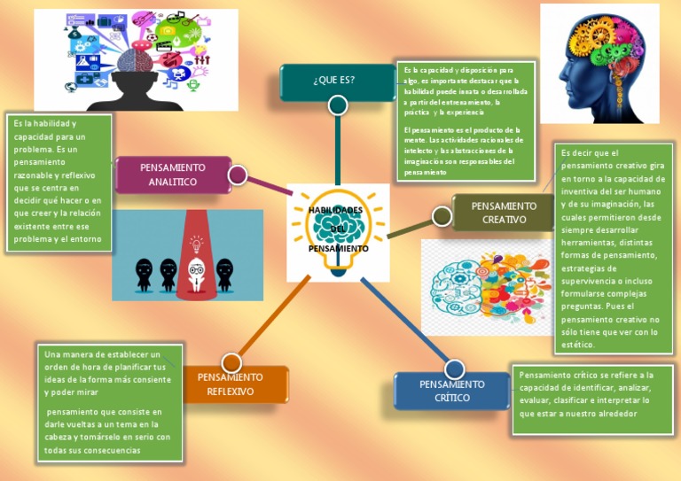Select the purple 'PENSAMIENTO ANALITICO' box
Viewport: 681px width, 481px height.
[173, 175]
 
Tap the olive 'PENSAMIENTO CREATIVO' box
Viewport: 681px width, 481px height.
[504, 213]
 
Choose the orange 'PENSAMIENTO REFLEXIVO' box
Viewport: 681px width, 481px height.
[231, 384]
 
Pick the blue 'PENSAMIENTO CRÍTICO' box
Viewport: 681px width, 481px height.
[452, 391]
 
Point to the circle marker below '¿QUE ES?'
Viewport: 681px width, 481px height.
[337, 105]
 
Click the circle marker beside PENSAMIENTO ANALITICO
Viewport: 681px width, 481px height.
[237, 175]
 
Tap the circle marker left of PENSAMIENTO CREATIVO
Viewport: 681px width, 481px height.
[442, 215]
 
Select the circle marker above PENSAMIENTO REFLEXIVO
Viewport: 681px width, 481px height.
[231, 362]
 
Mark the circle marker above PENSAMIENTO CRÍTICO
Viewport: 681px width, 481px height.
[454, 369]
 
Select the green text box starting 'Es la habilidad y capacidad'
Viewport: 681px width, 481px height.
[59, 182]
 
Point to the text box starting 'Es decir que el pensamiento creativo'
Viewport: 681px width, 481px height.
[612, 249]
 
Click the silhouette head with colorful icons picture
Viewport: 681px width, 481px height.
[136, 59]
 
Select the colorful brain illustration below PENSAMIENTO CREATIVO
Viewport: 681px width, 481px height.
[485, 286]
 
